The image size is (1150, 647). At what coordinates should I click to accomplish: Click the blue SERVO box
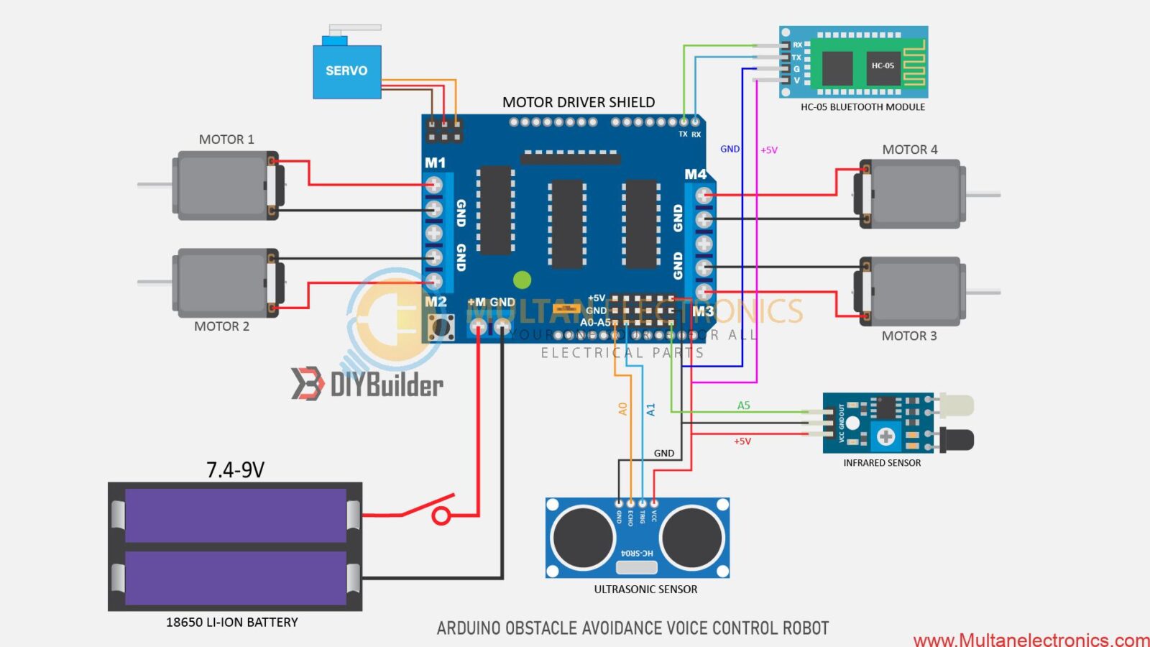[346, 71]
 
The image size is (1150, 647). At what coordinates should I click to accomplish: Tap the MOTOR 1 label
[226, 139]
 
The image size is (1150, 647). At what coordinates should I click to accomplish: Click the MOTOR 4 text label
[909, 150]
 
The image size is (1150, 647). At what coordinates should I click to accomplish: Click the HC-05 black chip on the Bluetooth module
[883, 66]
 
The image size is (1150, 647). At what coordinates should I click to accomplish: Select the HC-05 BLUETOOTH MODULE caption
[862, 107]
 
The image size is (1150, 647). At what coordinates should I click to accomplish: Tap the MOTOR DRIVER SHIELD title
[579, 102]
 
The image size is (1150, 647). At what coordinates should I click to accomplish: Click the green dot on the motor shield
[523, 280]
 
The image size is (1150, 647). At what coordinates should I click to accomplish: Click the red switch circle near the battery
[441, 515]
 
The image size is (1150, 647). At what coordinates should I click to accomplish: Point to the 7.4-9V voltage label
[235, 470]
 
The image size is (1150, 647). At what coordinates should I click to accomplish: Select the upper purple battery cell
[235, 515]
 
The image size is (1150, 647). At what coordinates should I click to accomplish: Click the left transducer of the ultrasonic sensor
[583, 537]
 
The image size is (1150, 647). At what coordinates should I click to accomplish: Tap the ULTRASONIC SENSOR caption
[645, 589]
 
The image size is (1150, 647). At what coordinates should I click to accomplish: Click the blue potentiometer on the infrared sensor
[885, 436]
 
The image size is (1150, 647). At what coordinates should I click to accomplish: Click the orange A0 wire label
[622, 409]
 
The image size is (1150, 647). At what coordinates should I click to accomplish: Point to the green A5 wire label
[743, 405]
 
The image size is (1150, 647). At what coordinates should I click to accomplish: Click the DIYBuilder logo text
[386, 385]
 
